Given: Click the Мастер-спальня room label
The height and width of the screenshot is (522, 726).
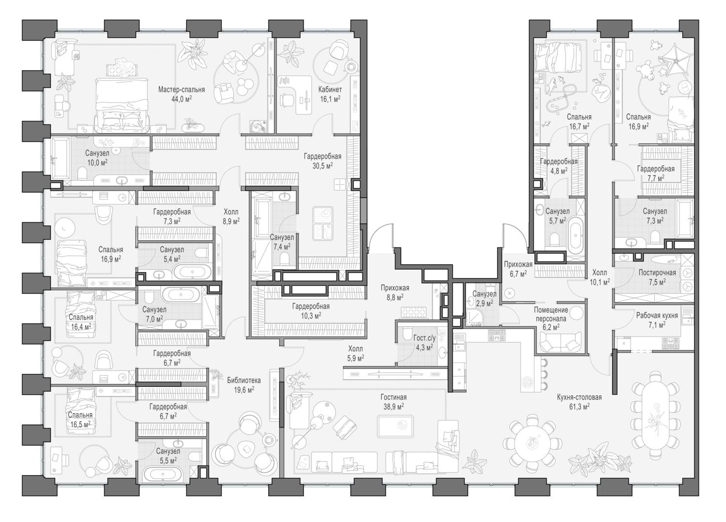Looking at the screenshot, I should [181, 90].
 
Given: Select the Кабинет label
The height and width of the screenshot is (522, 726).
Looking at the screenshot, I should [330, 90].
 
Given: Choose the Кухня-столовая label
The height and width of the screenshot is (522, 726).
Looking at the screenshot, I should [579, 397].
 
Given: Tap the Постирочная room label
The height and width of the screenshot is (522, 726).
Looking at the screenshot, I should [658, 273].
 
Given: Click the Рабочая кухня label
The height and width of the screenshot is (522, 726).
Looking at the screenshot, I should [657, 315].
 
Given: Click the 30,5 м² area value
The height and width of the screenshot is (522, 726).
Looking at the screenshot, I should [322, 165].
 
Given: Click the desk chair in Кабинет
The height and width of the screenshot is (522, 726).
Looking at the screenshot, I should [287, 100].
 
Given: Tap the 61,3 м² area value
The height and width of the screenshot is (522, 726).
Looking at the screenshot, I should [579, 406].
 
